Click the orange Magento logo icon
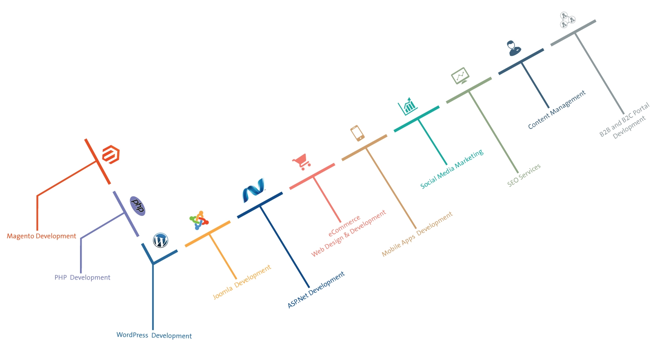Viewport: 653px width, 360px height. [x=111, y=154]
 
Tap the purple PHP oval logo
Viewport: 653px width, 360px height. [x=138, y=206]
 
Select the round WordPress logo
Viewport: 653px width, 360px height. [x=160, y=240]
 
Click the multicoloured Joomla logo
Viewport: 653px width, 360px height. [x=199, y=220]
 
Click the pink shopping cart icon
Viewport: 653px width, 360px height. [x=302, y=162]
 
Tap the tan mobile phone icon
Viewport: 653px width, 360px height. [x=357, y=133]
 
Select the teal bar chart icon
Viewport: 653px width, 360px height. [x=407, y=107]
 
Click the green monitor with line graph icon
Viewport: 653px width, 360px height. [x=460, y=76]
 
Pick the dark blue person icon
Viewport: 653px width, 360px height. [x=513, y=48]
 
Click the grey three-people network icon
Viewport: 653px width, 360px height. [x=567, y=20]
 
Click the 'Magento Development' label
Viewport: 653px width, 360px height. [x=42, y=236]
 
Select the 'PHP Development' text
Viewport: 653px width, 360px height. [x=82, y=278]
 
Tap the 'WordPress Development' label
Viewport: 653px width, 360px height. [x=154, y=335]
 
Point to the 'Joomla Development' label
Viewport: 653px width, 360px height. [x=242, y=282]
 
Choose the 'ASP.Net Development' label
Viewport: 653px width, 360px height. [x=316, y=290]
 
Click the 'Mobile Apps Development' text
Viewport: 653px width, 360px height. [x=417, y=234]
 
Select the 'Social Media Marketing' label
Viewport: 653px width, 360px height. [x=452, y=169]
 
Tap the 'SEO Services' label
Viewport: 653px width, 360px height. [x=524, y=175]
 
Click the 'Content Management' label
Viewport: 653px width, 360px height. [x=557, y=109]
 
